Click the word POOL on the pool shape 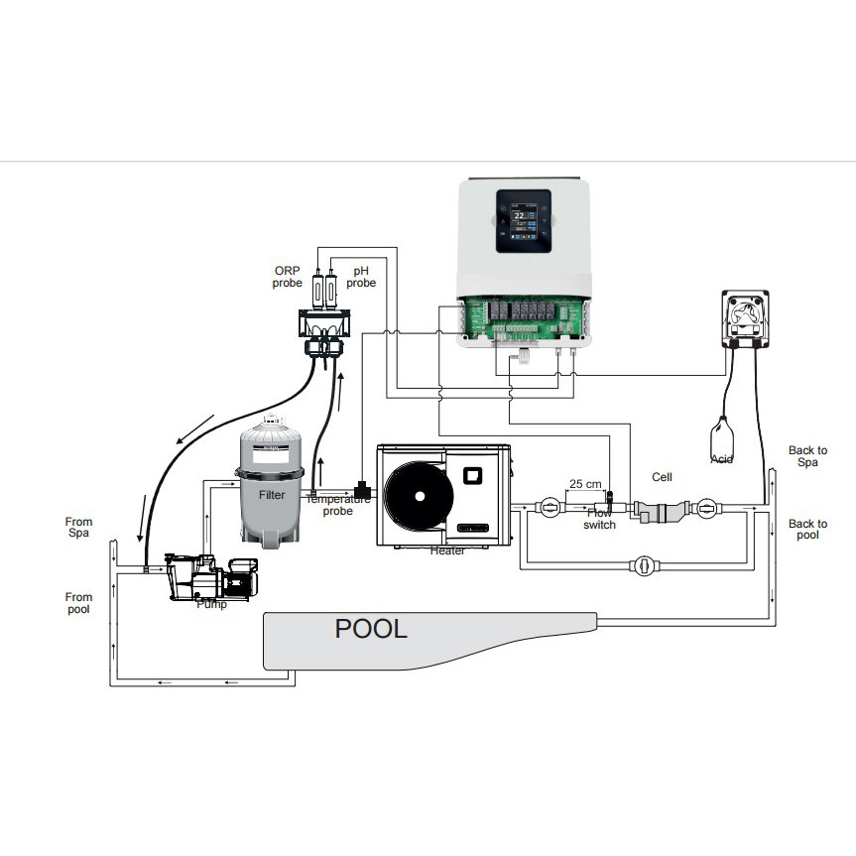point(371,628)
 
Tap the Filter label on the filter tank point(271,493)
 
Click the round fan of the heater point(417,498)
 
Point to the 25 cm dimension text point(584,484)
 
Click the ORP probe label point(287,277)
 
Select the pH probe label point(361,277)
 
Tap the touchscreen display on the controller point(523,223)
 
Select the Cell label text point(662,477)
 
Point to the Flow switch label point(600,519)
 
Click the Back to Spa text point(807,456)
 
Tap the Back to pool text point(807,529)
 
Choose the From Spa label point(78,528)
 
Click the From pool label point(78,603)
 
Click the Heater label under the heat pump point(446,550)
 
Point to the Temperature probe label point(337,505)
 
